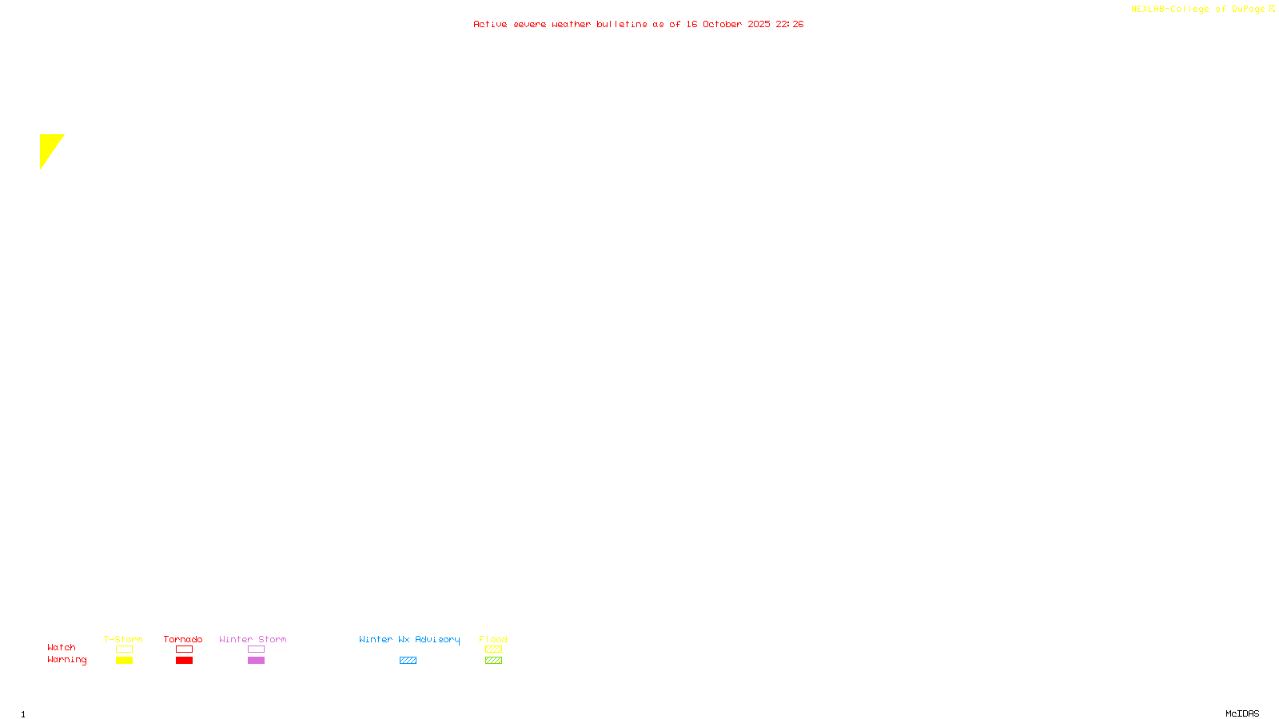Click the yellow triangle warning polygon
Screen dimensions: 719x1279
click(x=49, y=147)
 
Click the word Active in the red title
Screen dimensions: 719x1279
click(x=489, y=24)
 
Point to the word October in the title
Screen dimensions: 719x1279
click(x=722, y=24)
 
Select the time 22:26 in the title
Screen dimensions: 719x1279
click(x=789, y=24)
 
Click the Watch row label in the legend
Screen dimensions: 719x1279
click(x=62, y=648)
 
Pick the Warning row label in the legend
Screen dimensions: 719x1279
click(x=66, y=660)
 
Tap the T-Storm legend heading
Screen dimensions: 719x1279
click(x=123, y=639)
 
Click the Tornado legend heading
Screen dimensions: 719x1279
click(x=183, y=639)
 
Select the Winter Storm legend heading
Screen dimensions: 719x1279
click(x=253, y=639)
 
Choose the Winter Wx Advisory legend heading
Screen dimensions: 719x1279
click(x=409, y=639)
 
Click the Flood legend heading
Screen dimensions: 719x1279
click(x=493, y=639)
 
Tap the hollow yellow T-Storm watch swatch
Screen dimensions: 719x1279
click(x=124, y=649)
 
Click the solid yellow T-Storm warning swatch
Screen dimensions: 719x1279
click(x=124, y=661)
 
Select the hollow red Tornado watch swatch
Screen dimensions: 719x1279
click(x=184, y=649)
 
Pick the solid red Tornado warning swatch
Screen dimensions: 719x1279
click(x=184, y=661)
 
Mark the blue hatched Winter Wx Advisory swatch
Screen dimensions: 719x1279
click(x=408, y=661)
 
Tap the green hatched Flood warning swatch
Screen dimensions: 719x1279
click(x=493, y=661)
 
